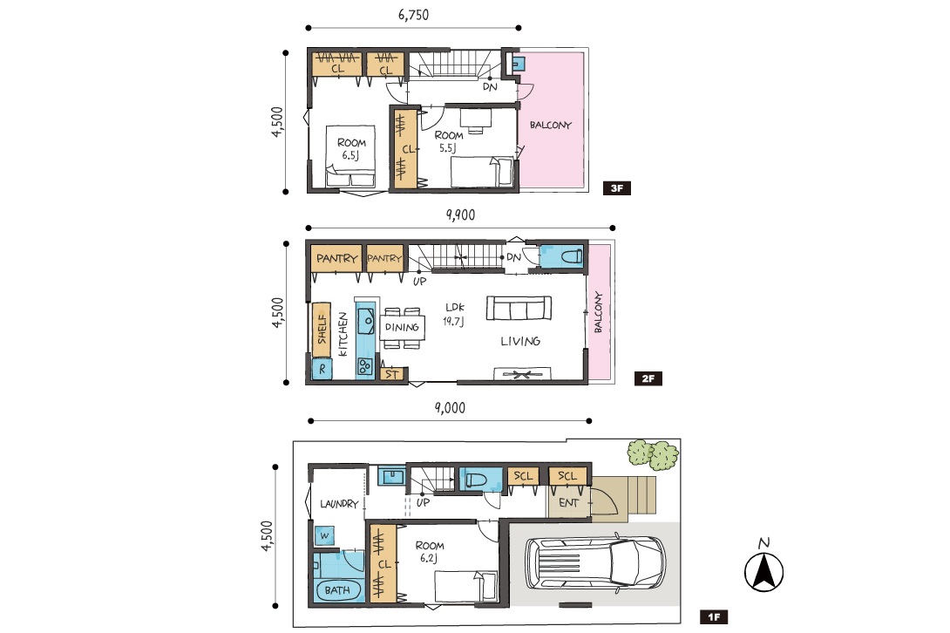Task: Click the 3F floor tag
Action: click(617, 188)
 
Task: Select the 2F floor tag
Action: click(648, 378)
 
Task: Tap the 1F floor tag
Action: click(714, 617)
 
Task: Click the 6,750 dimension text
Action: click(414, 15)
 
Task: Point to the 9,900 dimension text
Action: click(460, 214)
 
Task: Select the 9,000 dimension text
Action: click(450, 407)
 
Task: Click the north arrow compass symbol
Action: click(764, 566)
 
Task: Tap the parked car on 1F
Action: click(595, 562)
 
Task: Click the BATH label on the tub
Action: click(337, 590)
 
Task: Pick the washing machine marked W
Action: click(325, 535)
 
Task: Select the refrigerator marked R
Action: click(322, 369)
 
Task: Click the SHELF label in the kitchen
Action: click(322, 328)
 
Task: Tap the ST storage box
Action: click(391, 374)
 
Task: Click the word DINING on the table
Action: click(403, 328)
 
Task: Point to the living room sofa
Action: click(519, 308)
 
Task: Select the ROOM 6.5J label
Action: click(351, 149)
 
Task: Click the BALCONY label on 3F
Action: click(551, 125)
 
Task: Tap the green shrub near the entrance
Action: click(653, 455)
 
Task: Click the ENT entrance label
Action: click(568, 502)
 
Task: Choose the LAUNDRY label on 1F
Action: click(339, 503)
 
